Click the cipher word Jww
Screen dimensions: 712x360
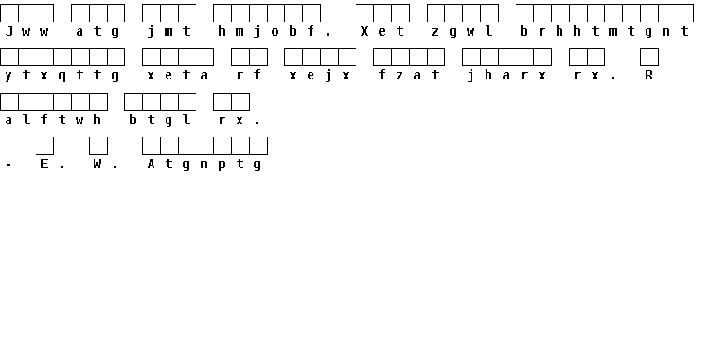(x=26, y=31)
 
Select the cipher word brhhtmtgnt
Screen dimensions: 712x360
(x=604, y=31)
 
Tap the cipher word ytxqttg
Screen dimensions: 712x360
(x=62, y=76)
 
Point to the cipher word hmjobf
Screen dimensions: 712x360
(x=266, y=31)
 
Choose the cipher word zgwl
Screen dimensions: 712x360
(x=462, y=31)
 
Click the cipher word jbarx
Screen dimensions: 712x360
(x=507, y=76)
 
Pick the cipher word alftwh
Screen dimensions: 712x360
(x=52, y=121)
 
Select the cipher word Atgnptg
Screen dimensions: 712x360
(x=204, y=165)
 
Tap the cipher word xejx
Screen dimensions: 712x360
(x=320, y=76)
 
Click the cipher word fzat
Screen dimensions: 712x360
(x=409, y=76)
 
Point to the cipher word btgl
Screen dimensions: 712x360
(x=160, y=121)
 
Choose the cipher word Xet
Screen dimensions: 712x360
(x=383, y=31)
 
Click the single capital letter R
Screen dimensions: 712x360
(x=649, y=76)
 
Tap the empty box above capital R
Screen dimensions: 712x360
(x=649, y=57)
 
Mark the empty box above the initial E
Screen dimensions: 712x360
(x=45, y=146)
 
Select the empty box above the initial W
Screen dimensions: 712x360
(x=98, y=146)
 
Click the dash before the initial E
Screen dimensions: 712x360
(x=8, y=165)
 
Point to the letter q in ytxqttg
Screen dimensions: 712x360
(x=62, y=77)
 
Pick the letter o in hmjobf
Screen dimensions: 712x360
(x=275, y=32)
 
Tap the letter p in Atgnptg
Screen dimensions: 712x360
(x=222, y=166)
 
